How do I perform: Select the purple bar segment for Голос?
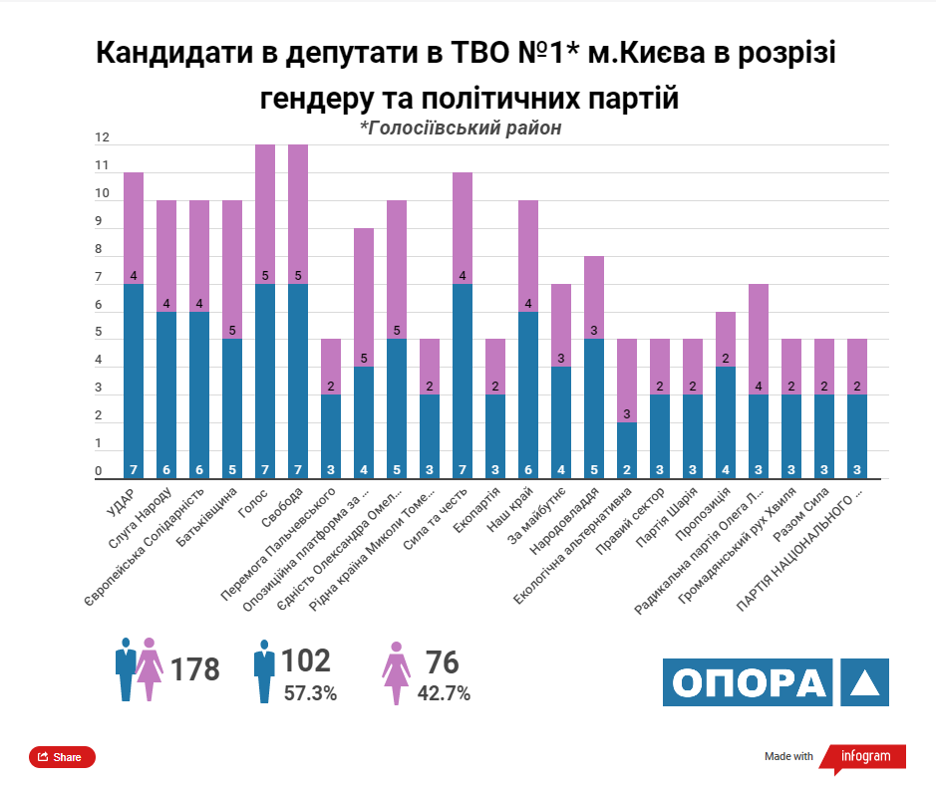265,214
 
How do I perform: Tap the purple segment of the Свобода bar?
298,214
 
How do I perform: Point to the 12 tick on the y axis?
101,137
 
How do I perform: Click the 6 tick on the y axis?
99,306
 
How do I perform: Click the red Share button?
62,757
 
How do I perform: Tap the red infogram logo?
864,756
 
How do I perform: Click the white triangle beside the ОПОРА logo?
863,682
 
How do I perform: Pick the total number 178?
194,669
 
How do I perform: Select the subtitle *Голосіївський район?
461,129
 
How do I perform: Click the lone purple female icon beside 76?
397,672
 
